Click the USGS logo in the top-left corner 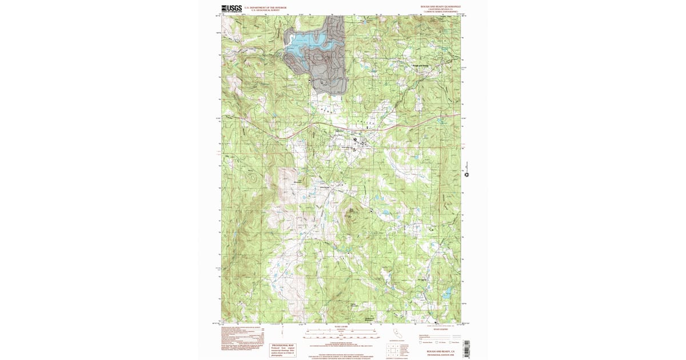(232, 9)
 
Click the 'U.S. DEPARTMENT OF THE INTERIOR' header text (265, 7)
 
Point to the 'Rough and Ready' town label (420, 66)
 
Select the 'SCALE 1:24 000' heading (341, 326)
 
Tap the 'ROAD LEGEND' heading (441, 330)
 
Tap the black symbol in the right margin (466, 174)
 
